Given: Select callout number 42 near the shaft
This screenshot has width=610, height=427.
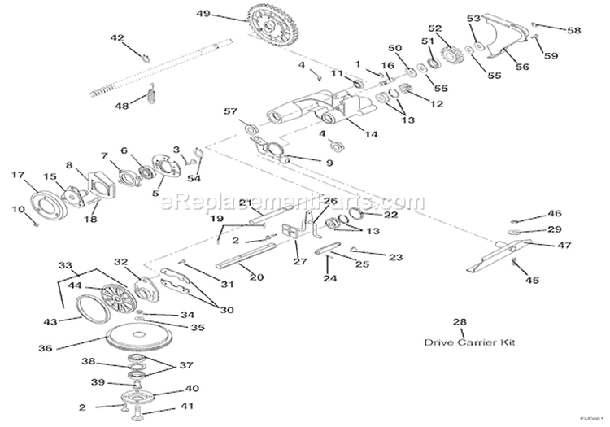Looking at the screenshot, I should (117, 38).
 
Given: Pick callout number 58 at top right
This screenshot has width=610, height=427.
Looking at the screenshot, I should (574, 30).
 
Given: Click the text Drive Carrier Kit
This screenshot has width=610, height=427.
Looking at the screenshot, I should (462, 342).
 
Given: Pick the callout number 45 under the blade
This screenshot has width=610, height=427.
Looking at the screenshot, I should (532, 281).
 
